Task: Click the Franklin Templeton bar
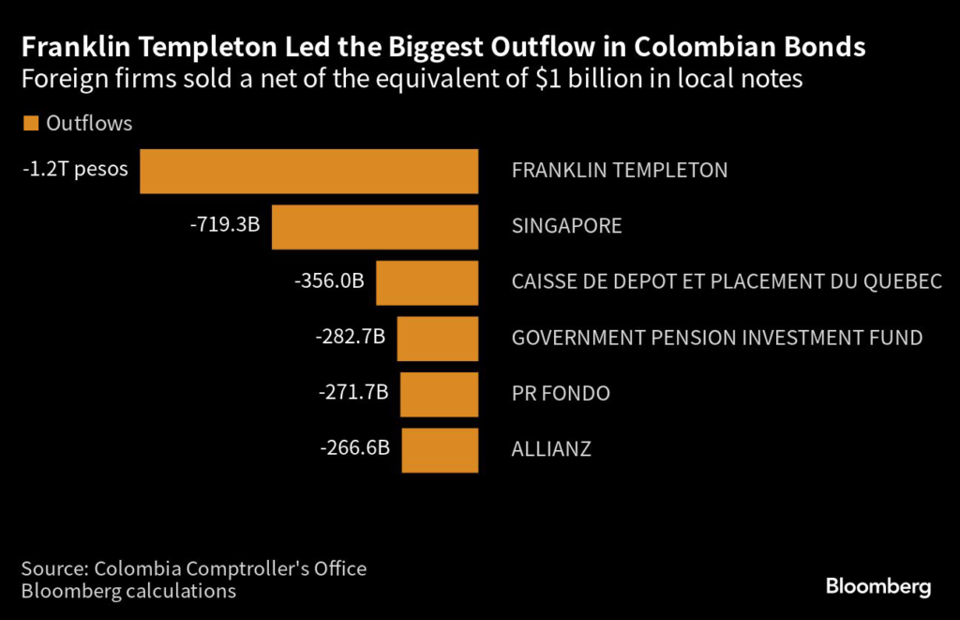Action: pyautogui.click(x=309, y=171)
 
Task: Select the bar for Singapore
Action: pyautogui.click(x=375, y=227)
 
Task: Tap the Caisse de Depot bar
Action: pyautogui.click(x=427, y=282)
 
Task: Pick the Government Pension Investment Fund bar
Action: pyautogui.click(x=438, y=339)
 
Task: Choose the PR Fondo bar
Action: pyautogui.click(x=440, y=394)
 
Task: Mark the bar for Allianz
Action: pyautogui.click(x=441, y=449)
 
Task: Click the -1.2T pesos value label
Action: pyautogui.click(x=75, y=170)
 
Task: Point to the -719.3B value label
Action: pyautogui.click(x=224, y=226)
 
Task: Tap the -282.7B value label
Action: pyautogui.click(x=350, y=338)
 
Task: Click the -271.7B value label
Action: pyautogui.click(x=352, y=393)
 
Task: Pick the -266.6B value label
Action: pyautogui.click(x=354, y=448)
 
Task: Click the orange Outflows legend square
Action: pyautogui.click(x=30, y=123)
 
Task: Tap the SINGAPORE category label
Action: pyautogui.click(x=566, y=227)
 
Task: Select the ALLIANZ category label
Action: pyautogui.click(x=551, y=449)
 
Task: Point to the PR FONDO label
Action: pyautogui.click(x=561, y=394)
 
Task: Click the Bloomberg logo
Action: pyautogui.click(x=877, y=587)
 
